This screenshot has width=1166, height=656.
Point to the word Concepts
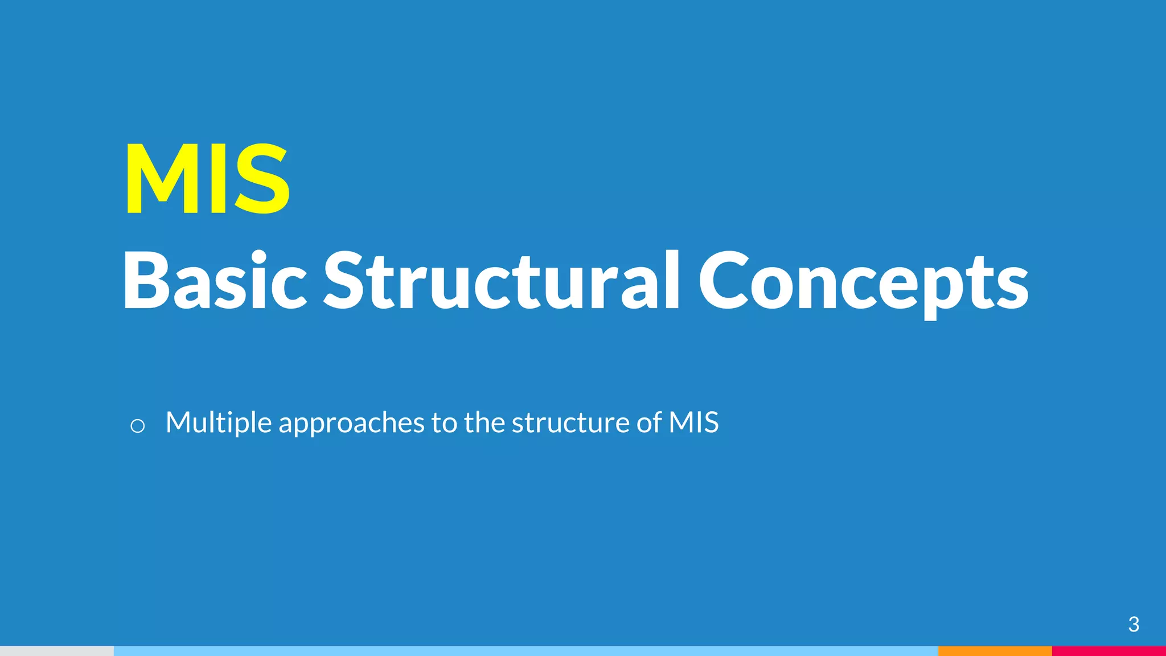[863, 282]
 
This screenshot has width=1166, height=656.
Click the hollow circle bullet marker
[137, 425]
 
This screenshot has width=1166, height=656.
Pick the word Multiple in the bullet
[218, 423]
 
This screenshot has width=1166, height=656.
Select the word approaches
[351, 423]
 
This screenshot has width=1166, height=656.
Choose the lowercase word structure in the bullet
[570, 423]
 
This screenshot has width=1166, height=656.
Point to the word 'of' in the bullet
[648, 422]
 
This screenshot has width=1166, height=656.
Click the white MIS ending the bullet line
[693, 422]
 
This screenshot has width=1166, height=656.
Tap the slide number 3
[1133, 625]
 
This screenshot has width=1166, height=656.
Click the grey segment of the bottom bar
[57, 651]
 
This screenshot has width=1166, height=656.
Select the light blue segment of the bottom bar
[525, 651]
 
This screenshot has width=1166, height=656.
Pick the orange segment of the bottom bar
[995, 651]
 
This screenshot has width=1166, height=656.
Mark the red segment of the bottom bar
[1108, 651]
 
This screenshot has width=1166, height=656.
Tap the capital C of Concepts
[721, 281]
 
